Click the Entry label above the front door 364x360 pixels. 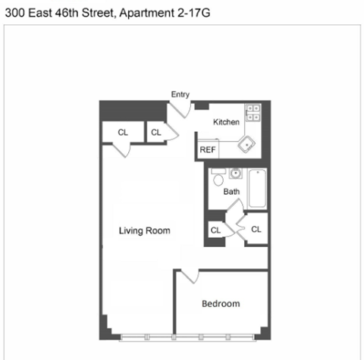click(x=180, y=95)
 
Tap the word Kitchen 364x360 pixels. click(x=226, y=122)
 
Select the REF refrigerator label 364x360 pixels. click(x=207, y=150)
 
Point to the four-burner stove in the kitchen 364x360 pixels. click(x=253, y=113)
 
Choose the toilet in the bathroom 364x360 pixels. click(x=218, y=180)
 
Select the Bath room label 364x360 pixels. click(x=231, y=192)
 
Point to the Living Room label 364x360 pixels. click(x=144, y=231)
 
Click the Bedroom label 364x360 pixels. click(x=221, y=304)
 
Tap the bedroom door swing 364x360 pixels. click(x=187, y=277)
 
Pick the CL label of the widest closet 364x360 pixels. click(x=123, y=133)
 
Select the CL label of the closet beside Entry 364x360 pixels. click(x=156, y=133)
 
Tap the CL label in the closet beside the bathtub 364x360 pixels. click(x=256, y=229)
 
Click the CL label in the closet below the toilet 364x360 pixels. click(x=215, y=230)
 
